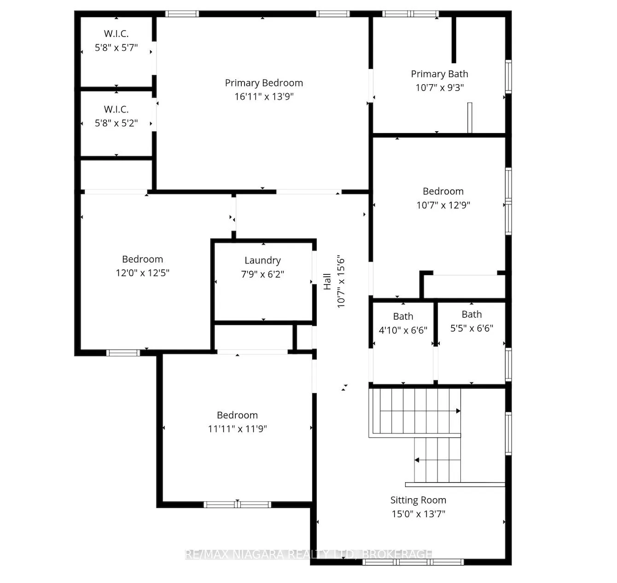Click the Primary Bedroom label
click(x=264, y=83)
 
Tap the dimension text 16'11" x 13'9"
click(x=264, y=97)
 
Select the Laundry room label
click(x=262, y=261)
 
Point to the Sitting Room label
click(x=418, y=500)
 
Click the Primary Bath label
click(x=439, y=74)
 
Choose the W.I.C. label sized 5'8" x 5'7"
click(x=116, y=34)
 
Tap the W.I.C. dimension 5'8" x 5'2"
click(x=116, y=123)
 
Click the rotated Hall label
click(x=327, y=281)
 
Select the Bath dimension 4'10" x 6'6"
click(x=403, y=330)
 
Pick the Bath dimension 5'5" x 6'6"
click(x=471, y=328)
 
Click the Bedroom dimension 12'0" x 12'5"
click(x=142, y=273)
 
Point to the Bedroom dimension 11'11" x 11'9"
click(x=237, y=429)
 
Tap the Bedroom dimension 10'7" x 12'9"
click(x=443, y=205)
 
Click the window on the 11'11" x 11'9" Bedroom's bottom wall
click(x=237, y=504)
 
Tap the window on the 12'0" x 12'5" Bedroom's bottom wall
click(x=123, y=353)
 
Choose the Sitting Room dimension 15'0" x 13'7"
click(x=418, y=514)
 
